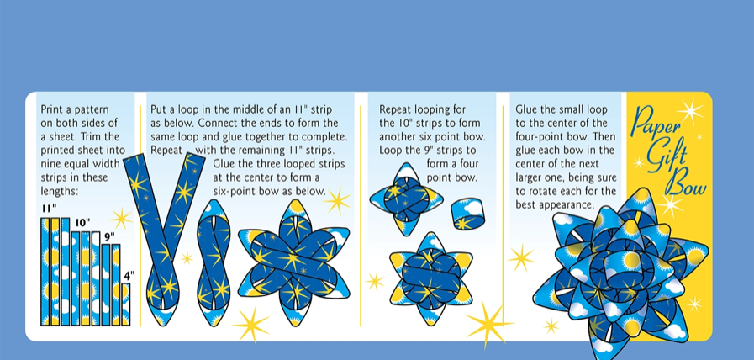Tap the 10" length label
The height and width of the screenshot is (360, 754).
[82, 223]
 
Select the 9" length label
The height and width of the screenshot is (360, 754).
[110, 237]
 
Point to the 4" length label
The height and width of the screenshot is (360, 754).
[129, 275]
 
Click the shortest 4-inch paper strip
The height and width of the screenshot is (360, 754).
[125, 304]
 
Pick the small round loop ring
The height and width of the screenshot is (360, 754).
[467, 214]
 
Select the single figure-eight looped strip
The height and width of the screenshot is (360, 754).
[214, 263]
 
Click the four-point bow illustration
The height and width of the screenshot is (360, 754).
[405, 199]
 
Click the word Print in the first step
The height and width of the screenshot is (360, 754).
[51, 109]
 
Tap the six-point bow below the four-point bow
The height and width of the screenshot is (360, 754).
[431, 278]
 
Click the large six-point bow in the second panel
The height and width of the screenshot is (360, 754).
[293, 262]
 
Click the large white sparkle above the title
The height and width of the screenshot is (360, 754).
[690, 111]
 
